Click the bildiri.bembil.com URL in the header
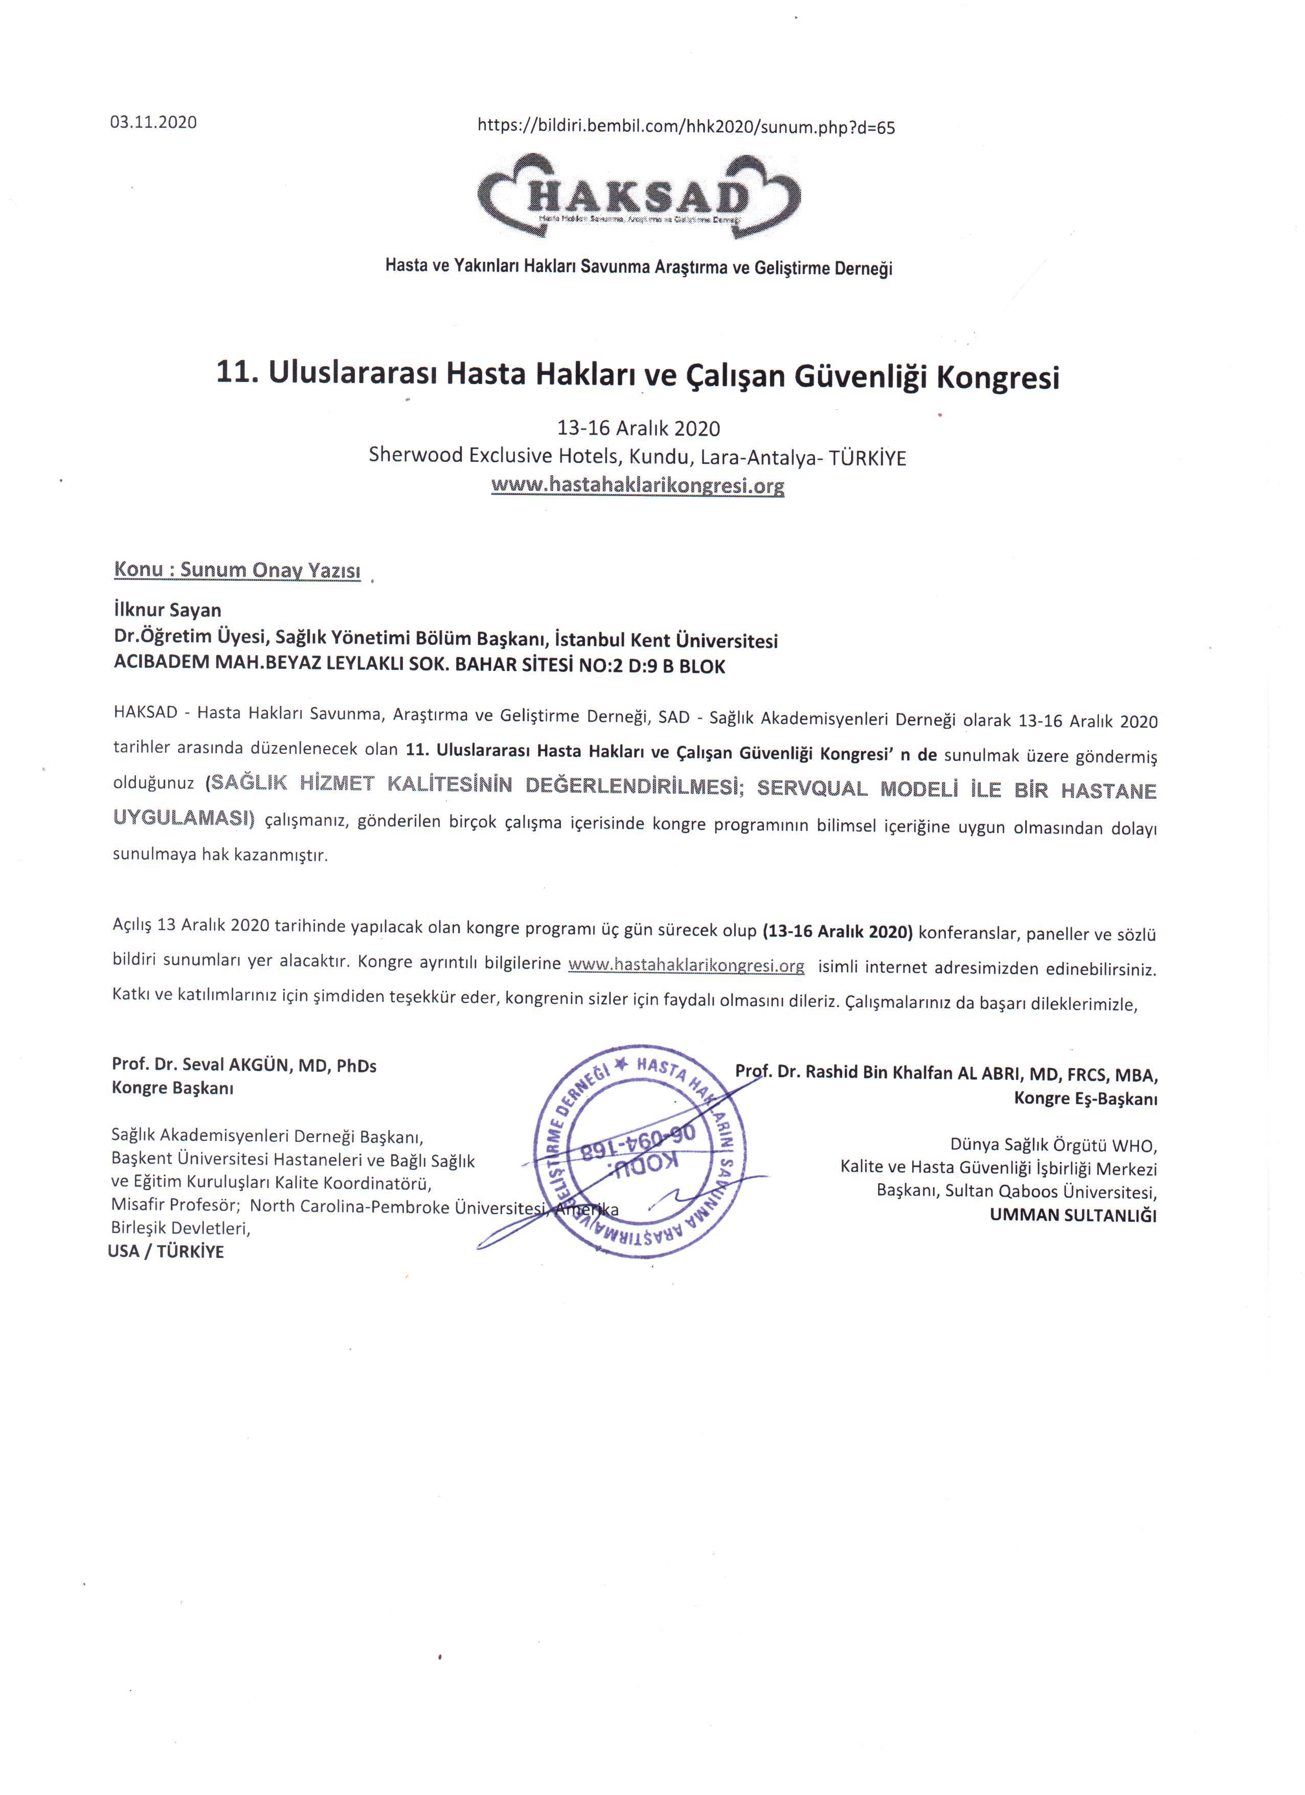pyautogui.click(x=686, y=127)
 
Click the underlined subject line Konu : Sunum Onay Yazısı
pyautogui.click(x=237, y=570)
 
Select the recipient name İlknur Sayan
pyautogui.click(x=168, y=610)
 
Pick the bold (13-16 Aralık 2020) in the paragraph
pyautogui.click(x=837, y=932)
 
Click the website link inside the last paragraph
pyautogui.click(x=686, y=966)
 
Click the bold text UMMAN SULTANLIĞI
pyautogui.click(x=1072, y=1216)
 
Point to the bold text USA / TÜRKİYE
pyautogui.click(x=166, y=1251)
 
